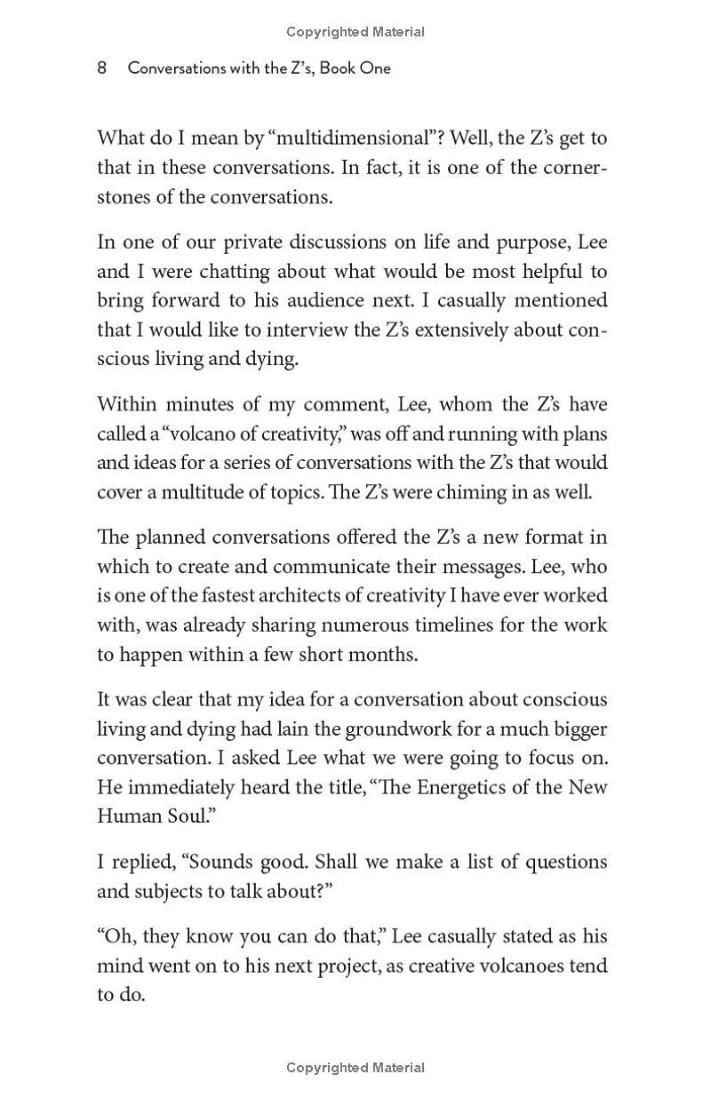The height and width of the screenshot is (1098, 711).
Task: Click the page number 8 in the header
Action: point(102,68)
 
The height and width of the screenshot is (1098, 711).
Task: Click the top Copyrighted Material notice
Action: point(355,32)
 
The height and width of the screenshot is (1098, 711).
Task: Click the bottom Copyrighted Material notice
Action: point(355,1068)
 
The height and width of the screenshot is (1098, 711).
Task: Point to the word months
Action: point(384,655)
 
